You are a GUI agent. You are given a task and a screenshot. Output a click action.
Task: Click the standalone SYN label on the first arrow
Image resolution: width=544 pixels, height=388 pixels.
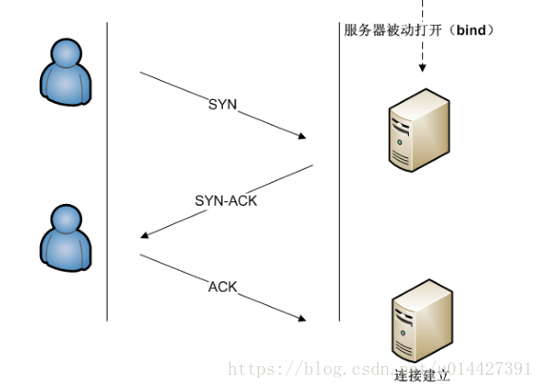pos(222,104)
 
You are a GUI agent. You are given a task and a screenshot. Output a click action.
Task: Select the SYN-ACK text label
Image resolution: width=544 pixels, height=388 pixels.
pos(226,201)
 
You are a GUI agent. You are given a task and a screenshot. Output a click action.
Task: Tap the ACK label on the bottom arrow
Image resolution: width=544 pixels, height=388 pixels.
pos(222,286)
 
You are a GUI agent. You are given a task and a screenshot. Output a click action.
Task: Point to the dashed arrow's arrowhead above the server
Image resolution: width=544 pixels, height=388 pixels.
pos(422,70)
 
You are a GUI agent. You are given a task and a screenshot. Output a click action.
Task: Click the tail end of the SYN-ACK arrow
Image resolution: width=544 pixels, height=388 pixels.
pos(312,166)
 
